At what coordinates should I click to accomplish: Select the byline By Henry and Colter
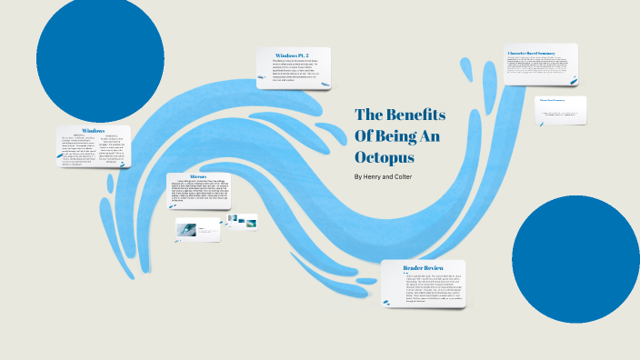(x=388, y=175)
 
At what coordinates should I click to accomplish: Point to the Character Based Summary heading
(x=537, y=54)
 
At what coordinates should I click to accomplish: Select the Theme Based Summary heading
(x=553, y=99)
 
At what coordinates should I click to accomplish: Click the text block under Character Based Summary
(x=540, y=69)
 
